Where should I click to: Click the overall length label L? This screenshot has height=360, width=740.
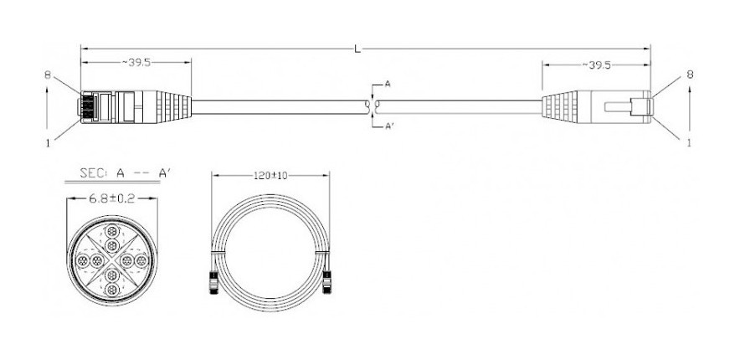click(357, 49)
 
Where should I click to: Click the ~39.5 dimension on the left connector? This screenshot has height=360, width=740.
click(136, 63)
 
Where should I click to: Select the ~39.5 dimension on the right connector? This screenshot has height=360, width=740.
click(596, 65)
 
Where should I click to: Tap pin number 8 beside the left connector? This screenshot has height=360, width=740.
click(48, 75)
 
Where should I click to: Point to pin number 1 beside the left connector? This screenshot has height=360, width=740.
click(48, 142)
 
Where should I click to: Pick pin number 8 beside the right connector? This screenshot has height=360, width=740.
click(690, 74)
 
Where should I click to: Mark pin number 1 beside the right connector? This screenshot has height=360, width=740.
click(689, 142)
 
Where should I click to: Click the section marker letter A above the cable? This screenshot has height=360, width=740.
click(388, 84)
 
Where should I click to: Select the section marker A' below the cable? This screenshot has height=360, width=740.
click(390, 126)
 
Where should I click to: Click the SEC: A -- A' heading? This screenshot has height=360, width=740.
click(125, 173)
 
